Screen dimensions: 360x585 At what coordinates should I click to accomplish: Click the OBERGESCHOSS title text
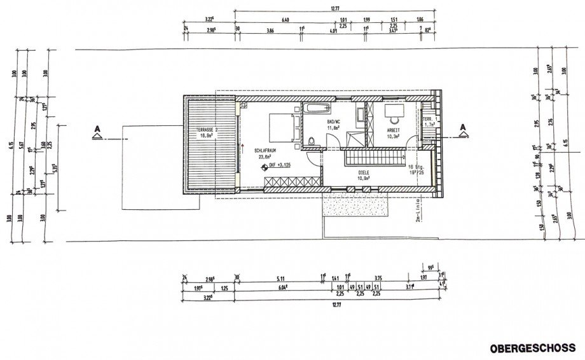click(x=532, y=348)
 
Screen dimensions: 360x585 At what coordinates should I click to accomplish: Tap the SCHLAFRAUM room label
click(x=266, y=151)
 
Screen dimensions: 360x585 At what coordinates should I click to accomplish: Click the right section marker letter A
click(x=462, y=126)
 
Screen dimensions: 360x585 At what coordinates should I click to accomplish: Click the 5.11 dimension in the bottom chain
click(x=280, y=277)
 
